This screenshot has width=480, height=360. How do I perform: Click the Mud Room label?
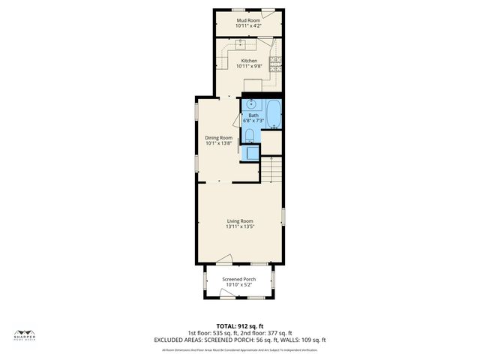[x=248, y=20]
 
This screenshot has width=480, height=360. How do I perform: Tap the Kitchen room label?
[x=248, y=61]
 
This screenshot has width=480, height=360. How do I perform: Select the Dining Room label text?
[x=219, y=137]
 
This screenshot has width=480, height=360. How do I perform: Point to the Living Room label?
[x=240, y=220]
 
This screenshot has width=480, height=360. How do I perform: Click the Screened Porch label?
[x=238, y=279]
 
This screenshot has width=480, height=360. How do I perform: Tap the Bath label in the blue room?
[x=253, y=115]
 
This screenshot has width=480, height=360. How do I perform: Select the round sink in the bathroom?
[x=251, y=103]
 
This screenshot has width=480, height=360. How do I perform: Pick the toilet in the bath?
[x=250, y=135]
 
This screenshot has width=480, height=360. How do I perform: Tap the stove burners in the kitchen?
[x=275, y=62]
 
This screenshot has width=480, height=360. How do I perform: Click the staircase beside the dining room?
[x=271, y=170]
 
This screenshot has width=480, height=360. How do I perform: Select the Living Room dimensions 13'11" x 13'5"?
[x=240, y=226]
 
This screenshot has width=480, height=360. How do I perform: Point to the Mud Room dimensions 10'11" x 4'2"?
[x=248, y=26]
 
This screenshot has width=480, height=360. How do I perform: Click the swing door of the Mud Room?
[x=277, y=14]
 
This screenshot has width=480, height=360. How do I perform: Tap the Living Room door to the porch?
[x=223, y=260]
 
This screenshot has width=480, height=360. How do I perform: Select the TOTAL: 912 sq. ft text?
[x=239, y=326]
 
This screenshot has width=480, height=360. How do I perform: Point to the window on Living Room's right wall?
[x=283, y=217]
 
